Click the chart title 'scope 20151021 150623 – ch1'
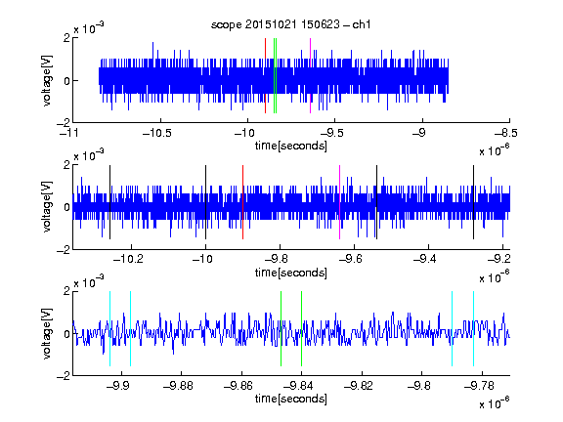[291, 24]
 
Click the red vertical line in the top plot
[265, 76]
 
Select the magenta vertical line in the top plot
[310, 76]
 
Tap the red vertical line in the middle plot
[242, 202]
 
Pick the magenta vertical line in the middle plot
[340, 202]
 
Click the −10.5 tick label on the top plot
[157, 134]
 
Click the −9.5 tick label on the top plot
[331, 134]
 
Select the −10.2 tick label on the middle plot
[128, 258]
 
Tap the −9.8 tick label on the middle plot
[277, 258]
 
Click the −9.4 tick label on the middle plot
[425, 258]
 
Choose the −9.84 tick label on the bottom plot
[298, 386]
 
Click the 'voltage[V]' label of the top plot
[47, 81]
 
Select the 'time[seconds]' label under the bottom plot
[291, 399]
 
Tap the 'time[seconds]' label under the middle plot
[291, 273]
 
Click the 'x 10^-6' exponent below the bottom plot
[495, 402]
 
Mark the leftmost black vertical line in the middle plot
[109, 202]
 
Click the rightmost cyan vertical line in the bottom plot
[474, 328]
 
